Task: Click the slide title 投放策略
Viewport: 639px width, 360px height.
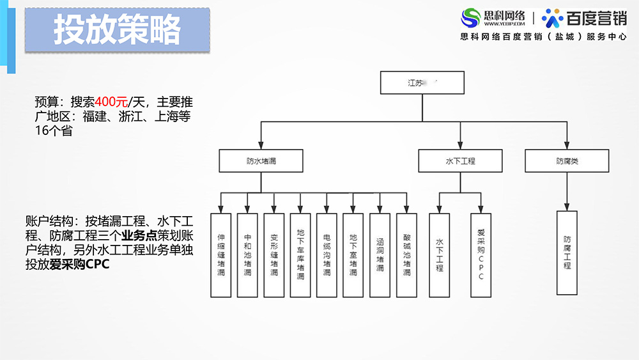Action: (x=117, y=30)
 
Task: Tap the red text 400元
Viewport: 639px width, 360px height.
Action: (x=111, y=101)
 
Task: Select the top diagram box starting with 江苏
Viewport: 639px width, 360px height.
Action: (x=421, y=83)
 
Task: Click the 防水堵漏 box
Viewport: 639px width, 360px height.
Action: (x=261, y=161)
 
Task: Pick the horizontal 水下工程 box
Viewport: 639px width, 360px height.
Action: (x=459, y=161)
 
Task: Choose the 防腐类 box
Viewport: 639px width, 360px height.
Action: (x=566, y=161)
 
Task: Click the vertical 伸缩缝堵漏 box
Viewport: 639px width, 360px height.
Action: (x=221, y=254)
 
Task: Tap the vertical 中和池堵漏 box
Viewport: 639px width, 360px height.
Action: (x=247, y=254)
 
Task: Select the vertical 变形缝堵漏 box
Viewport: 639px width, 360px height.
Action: (x=273, y=254)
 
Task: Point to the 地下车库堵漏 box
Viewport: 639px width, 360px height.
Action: (x=300, y=254)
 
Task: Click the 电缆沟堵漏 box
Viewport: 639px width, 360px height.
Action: (x=327, y=254)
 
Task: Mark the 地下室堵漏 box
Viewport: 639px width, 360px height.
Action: (x=353, y=254)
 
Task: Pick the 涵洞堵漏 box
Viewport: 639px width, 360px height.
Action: (x=380, y=254)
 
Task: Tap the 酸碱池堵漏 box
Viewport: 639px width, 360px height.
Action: (x=406, y=254)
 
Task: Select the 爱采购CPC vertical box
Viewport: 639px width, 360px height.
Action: (x=481, y=254)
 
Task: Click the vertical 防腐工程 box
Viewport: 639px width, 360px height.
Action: (x=567, y=252)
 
